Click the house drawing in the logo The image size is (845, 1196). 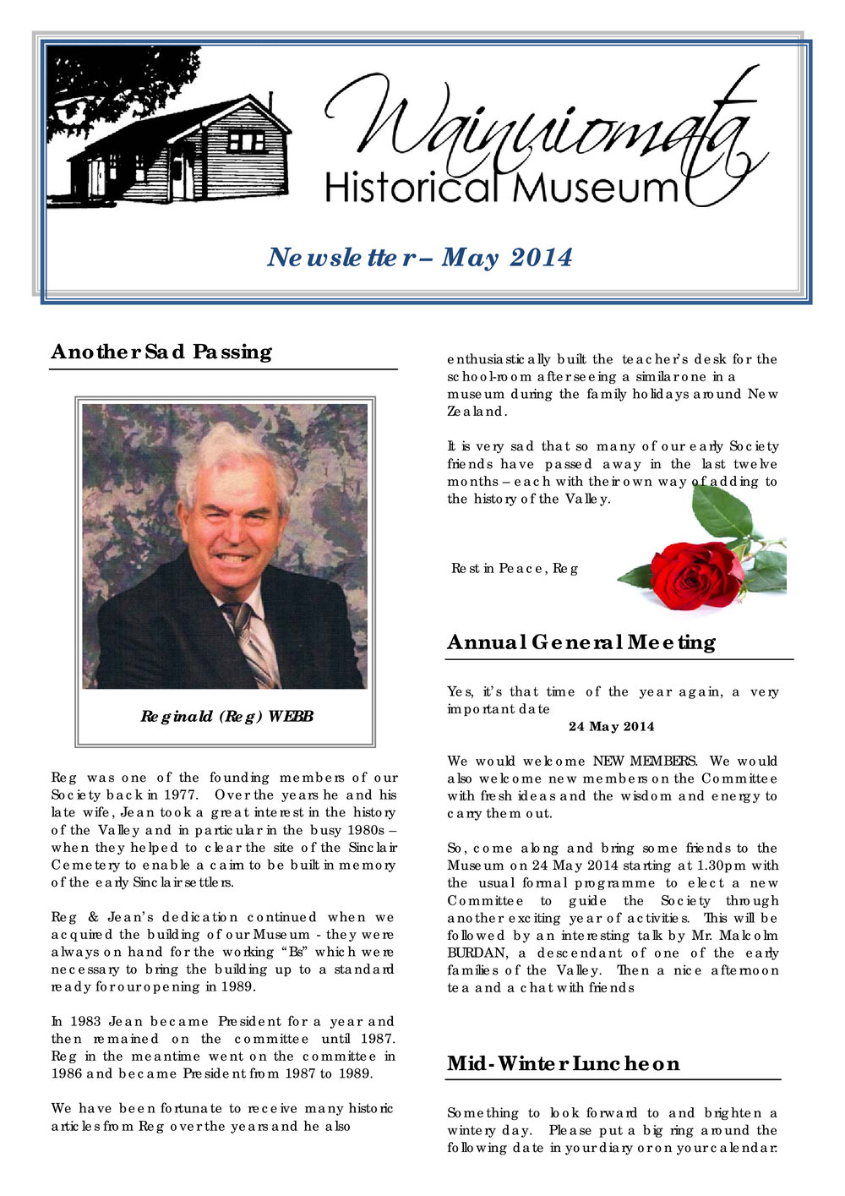(x=182, y=152)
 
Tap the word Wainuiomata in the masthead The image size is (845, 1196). (x=541, y=127)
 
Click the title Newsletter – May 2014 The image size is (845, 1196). (x=420, y=257)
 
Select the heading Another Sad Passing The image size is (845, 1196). (x=161, y=352)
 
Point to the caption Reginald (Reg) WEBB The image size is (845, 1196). (x=226, y=717)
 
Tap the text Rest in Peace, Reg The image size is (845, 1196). (x=515, y=569)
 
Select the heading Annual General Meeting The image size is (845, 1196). (x=581, y=642)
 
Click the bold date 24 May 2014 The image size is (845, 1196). (x=611, y=727)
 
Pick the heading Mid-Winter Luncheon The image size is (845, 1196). (x=563, y=1063)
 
